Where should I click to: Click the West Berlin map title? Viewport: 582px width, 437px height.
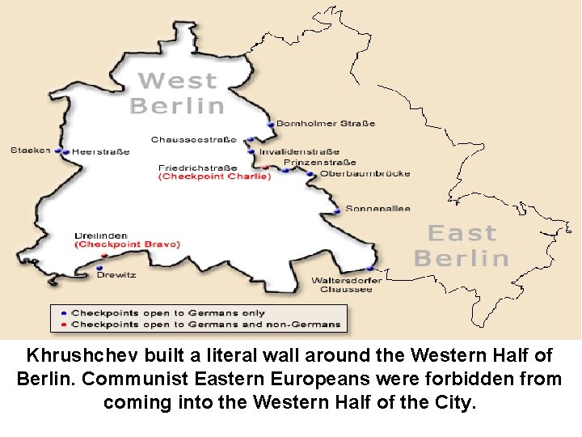pos(177,93)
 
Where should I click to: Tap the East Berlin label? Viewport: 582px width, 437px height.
pos(462,246)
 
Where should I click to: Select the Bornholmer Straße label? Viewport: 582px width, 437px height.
pos(326,124)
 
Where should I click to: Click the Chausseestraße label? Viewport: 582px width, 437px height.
pos(193,140)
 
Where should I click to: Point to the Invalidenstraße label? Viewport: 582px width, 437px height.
pos(299,151)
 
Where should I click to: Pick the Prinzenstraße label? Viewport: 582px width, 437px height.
pos(319,163)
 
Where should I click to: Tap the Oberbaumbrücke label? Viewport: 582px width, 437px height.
pos(365,173)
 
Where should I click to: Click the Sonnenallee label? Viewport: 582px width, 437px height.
pos(377,209)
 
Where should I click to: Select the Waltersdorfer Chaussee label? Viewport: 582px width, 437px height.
pos(346,285)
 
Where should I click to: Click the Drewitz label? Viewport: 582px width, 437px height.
pos(116,275)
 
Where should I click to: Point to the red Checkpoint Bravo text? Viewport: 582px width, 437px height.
pos(128,244)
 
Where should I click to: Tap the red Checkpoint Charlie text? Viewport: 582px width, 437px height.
pos(214,176)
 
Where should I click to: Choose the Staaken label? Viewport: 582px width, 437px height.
pos(31,150)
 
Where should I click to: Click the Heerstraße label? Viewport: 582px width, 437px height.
pos(100,151)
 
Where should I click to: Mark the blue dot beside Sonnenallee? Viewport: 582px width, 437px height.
pos(337,211)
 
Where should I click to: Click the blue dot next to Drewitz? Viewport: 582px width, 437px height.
pos(99,268)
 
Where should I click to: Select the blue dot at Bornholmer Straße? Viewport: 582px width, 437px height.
pos(271,125)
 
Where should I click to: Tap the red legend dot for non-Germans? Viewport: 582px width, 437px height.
pos(64,324)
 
